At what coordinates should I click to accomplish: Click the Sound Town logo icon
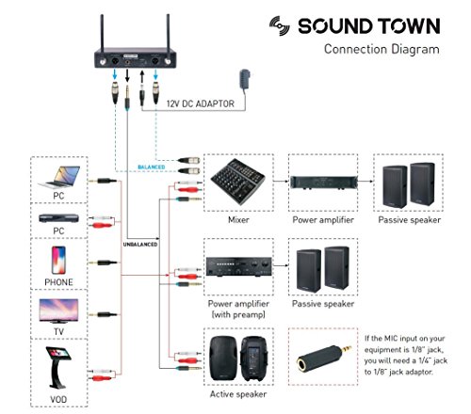(281, 24)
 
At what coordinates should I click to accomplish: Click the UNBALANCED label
(142, 243)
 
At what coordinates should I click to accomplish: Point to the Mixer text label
(237, 221)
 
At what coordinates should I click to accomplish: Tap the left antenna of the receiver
(100, 25)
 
